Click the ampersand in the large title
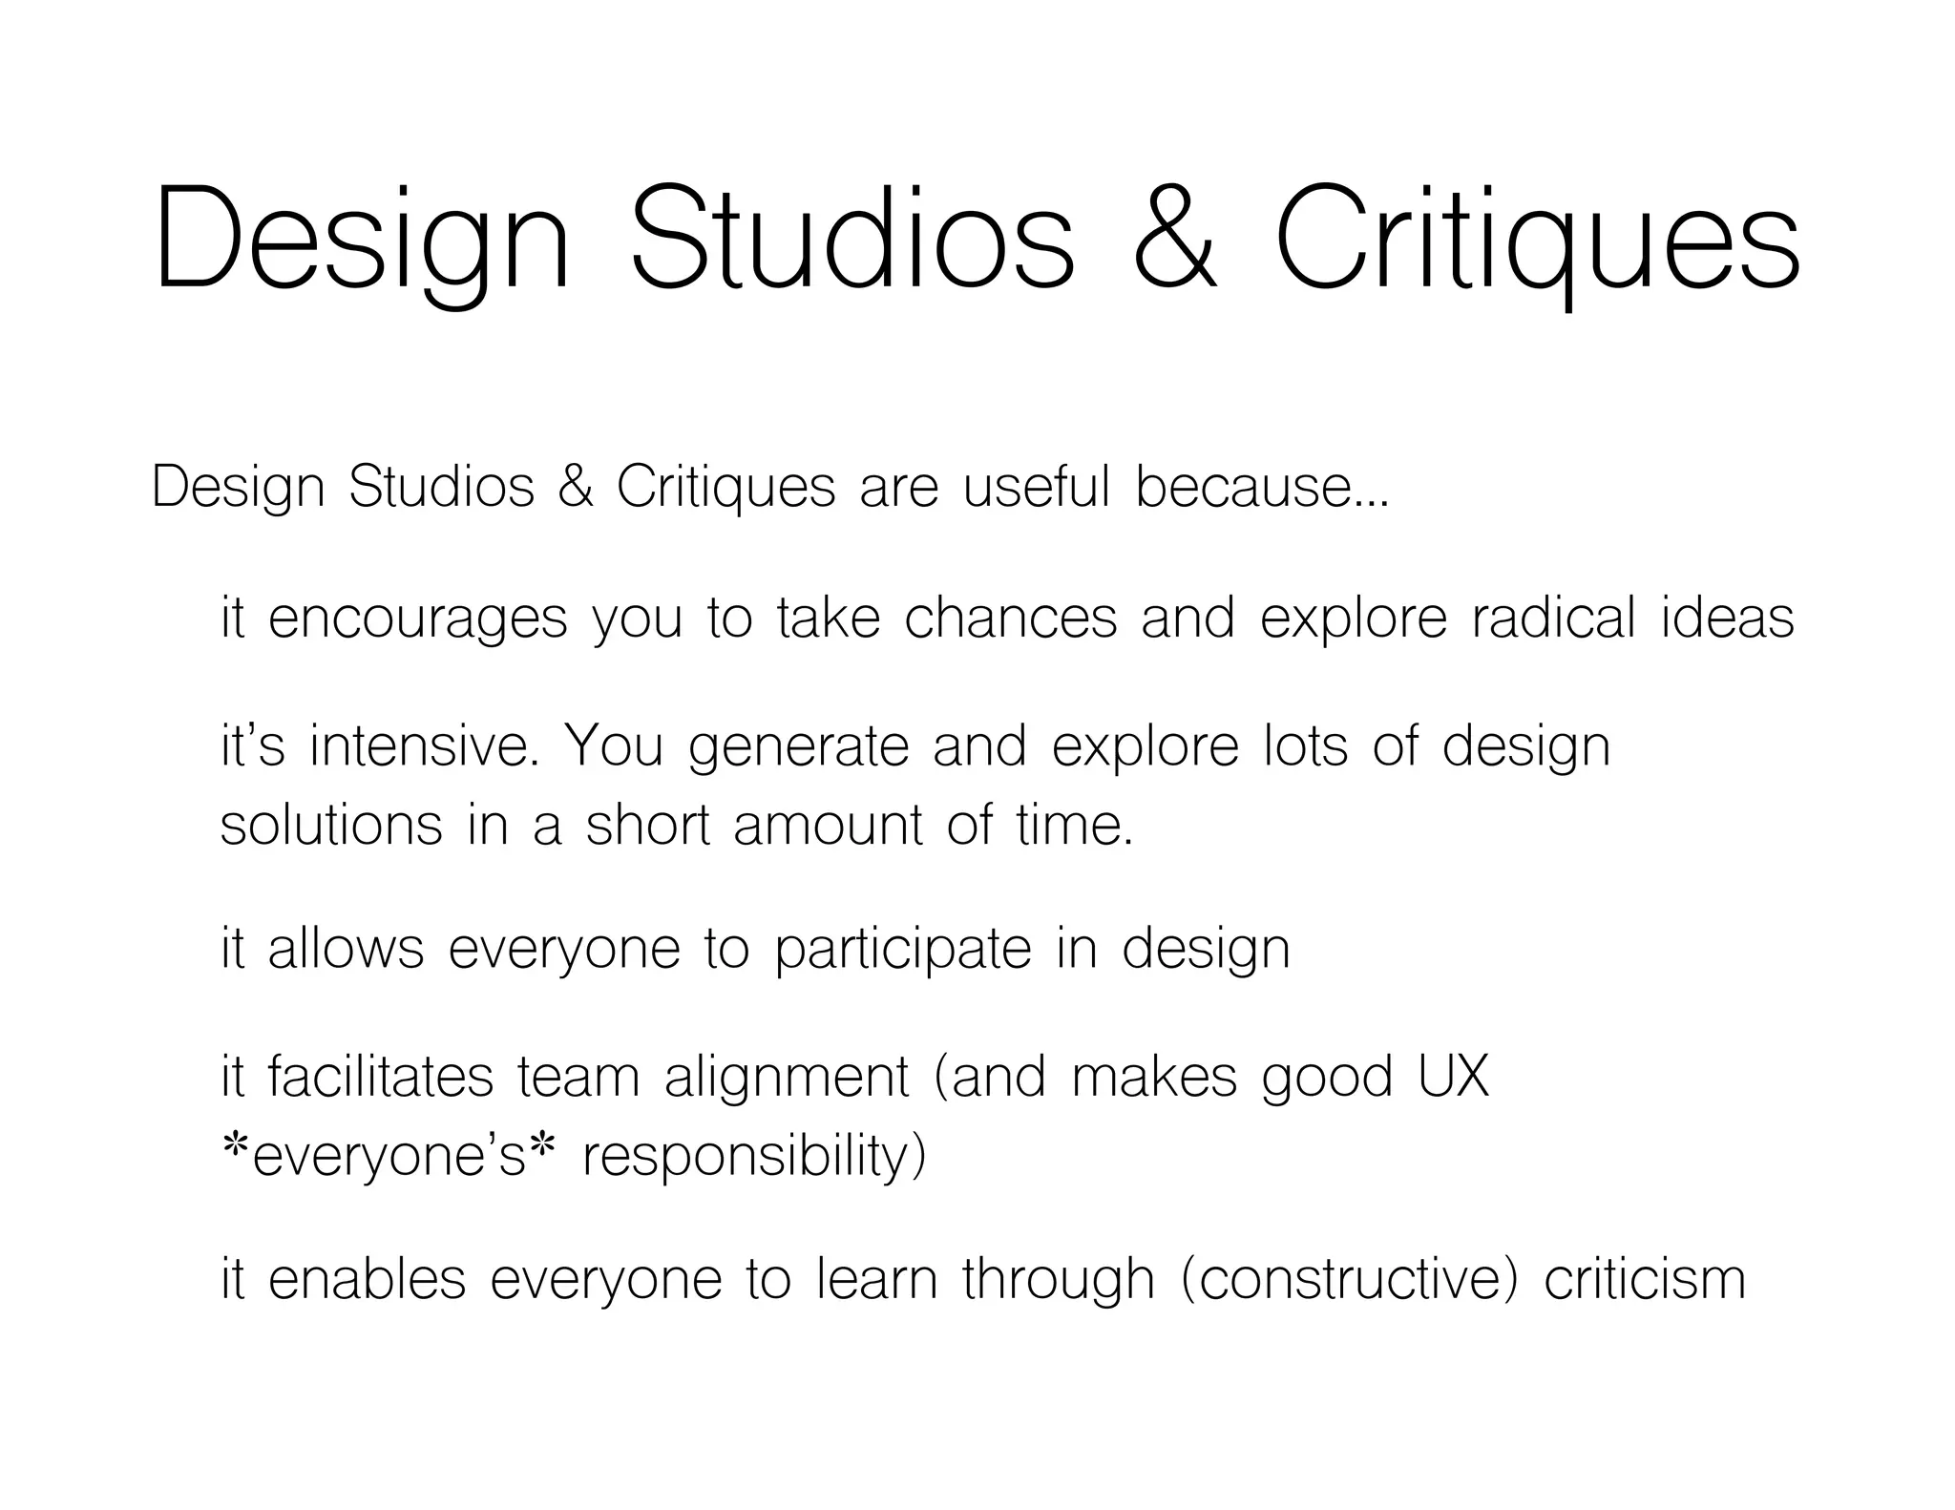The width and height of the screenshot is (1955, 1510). (1175, 239)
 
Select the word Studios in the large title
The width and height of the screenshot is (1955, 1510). (852, 239)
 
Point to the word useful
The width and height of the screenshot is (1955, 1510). (1036, 487)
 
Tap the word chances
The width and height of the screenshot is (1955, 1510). (1010, 618)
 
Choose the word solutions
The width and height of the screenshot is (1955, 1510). (331, 826)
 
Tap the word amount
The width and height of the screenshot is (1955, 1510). (828, 826)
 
